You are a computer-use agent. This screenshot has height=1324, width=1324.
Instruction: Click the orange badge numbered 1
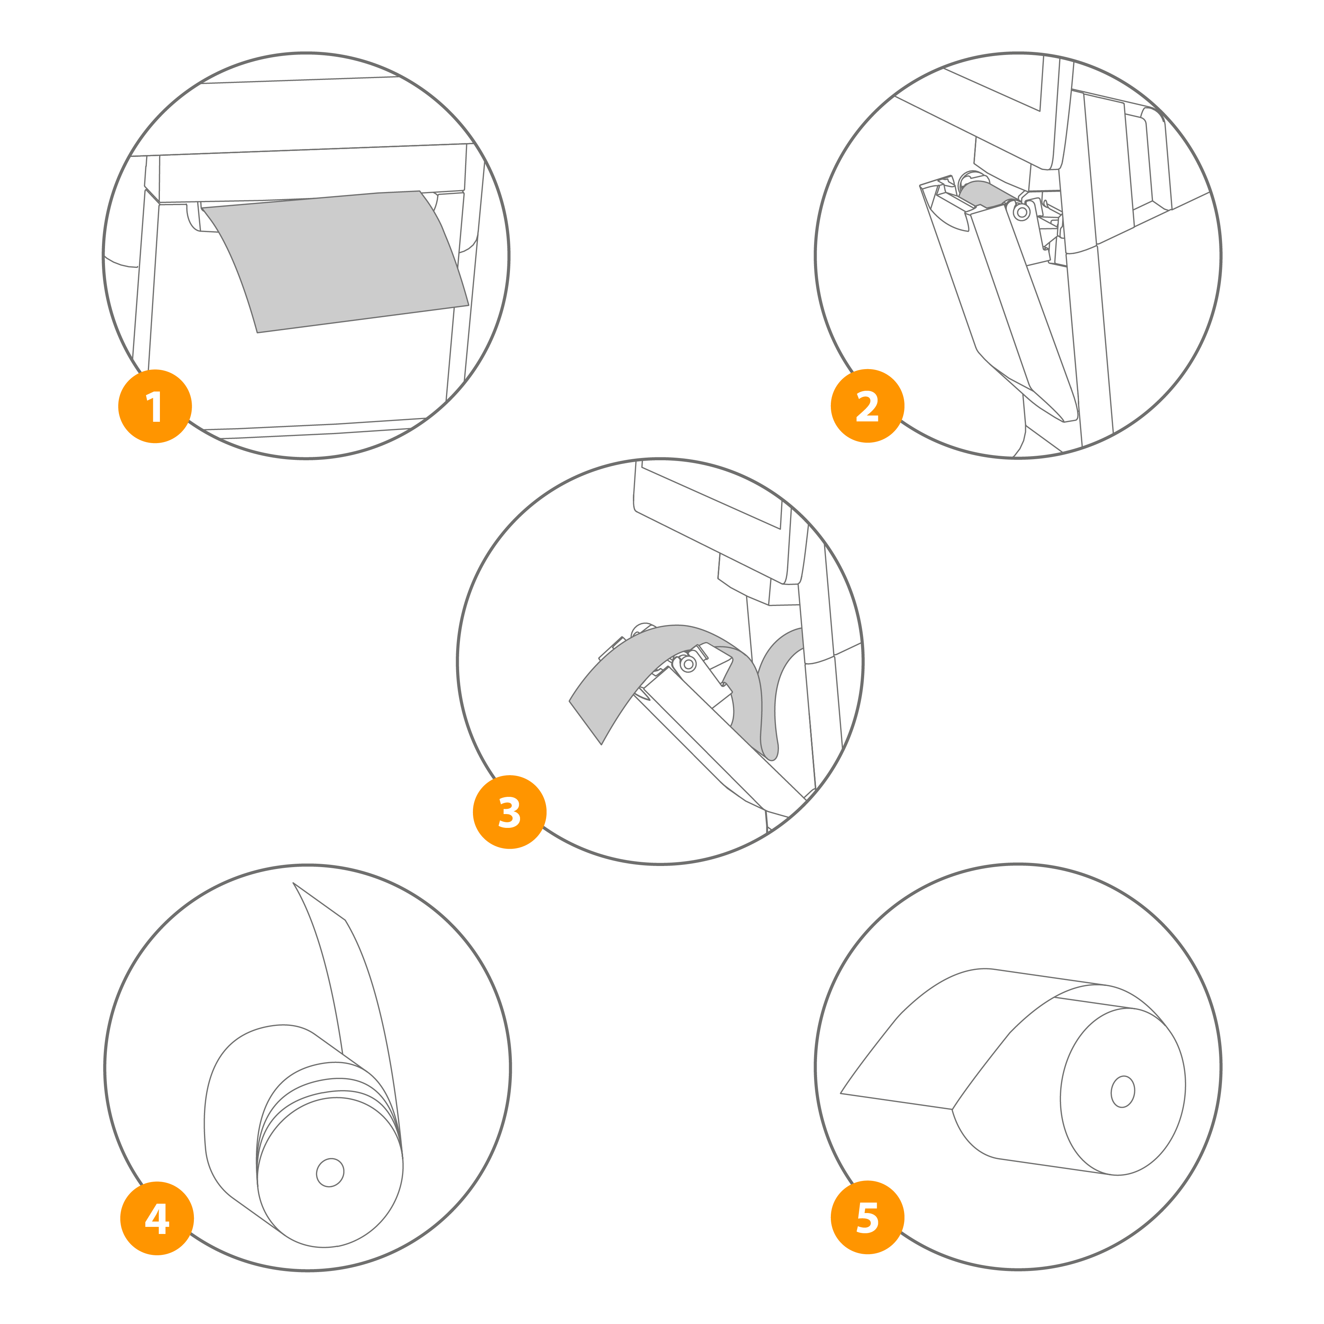pos(155,406)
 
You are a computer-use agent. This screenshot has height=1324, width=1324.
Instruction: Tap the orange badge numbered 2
pos(867,406)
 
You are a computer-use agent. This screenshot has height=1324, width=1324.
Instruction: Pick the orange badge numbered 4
pos(157,1219)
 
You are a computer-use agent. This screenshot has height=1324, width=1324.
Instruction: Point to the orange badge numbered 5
pos(867,1218)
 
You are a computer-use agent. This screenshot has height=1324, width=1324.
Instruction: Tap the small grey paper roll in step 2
pos(986,195)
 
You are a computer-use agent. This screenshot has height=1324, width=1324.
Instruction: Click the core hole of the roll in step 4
pos(330,1173)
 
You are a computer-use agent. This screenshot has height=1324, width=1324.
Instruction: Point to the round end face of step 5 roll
pos(1123,1092)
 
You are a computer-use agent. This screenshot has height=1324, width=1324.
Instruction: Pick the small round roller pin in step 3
pos(688,664)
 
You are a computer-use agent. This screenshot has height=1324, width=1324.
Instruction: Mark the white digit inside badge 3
pos(509,812)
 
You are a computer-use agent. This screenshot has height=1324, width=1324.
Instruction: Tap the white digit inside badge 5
pos(867,1218)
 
